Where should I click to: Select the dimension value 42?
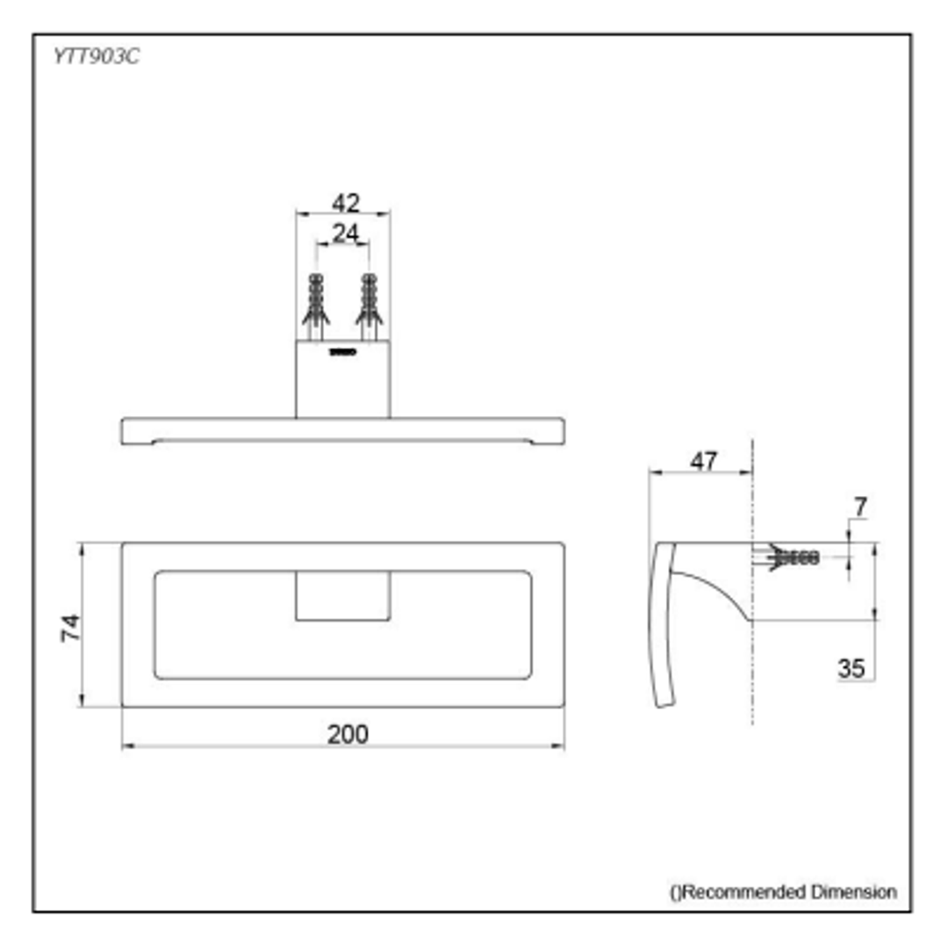(x=345, y=203)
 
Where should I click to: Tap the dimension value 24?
(x=345, y=233)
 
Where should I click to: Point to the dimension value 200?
(x=348, y=734)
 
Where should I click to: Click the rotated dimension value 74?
(x=70, y=627)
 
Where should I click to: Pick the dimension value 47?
(x=703, y=461)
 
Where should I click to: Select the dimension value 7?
(x=859, y=506)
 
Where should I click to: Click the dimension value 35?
(x=851, y=668)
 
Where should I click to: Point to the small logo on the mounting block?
(x=342, y=352)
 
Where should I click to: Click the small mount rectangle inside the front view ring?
(x=342, y=597)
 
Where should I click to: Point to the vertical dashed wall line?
(x=752, y=667)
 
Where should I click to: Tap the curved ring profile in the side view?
(x=664, y=632)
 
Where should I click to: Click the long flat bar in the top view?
(x=342, y=430)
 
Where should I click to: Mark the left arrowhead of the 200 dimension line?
(x=126, y=746)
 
